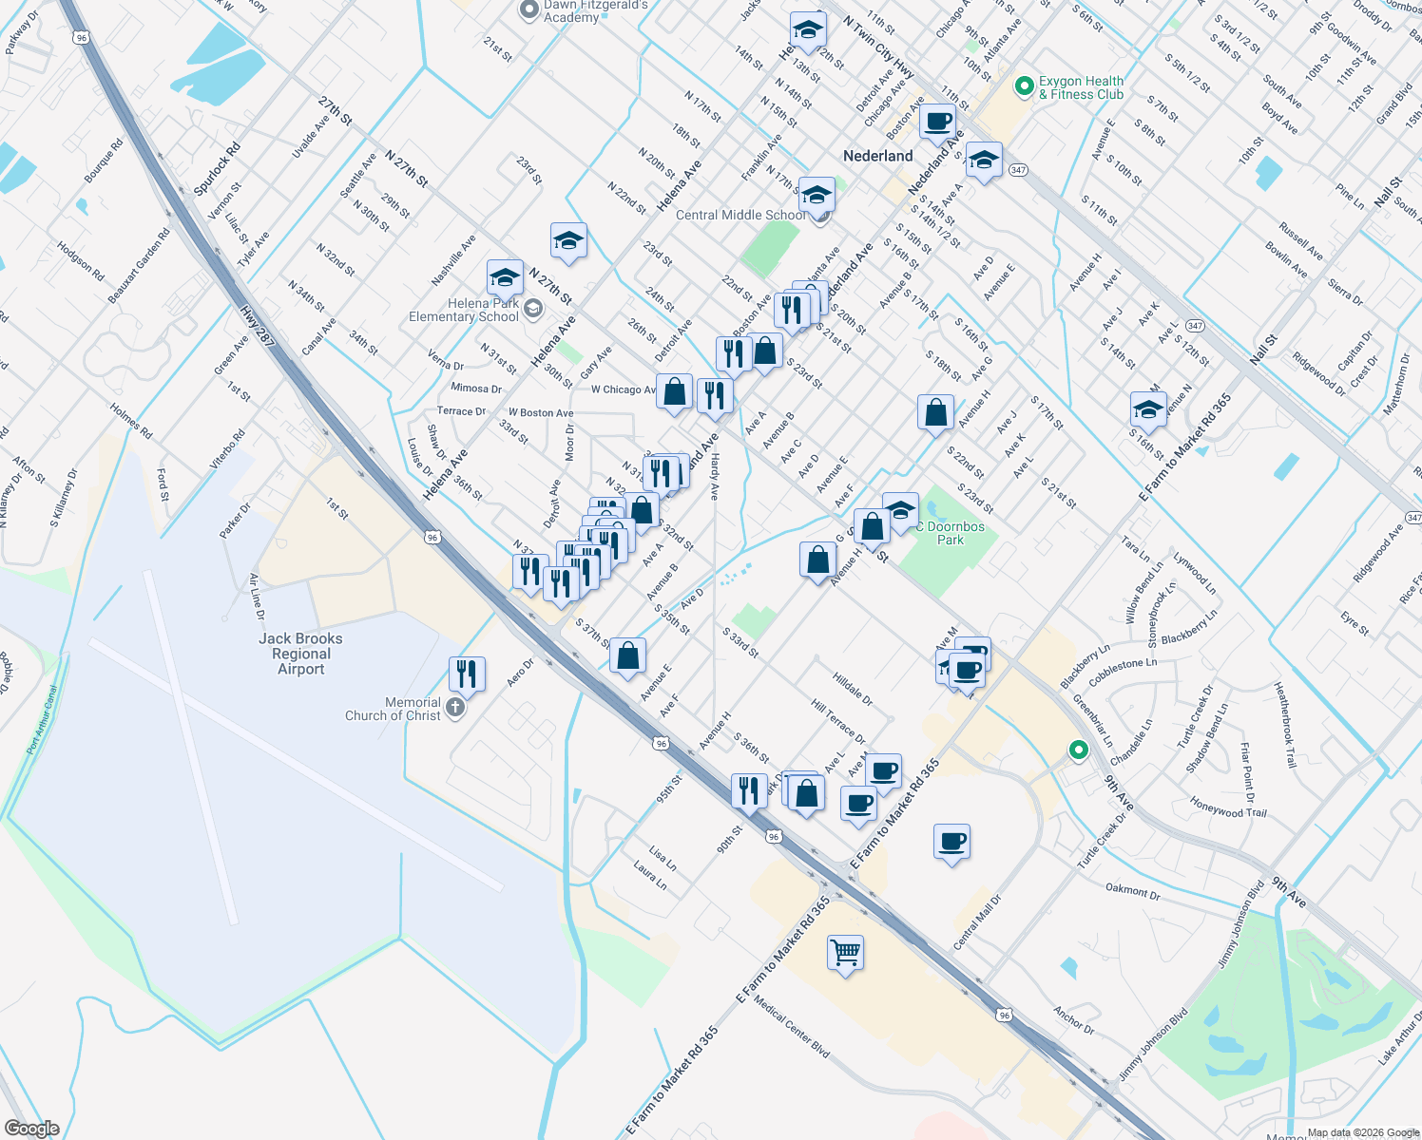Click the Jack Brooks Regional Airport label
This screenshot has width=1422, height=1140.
300,654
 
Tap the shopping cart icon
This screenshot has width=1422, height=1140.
845,951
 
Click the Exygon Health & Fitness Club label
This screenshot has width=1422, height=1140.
1081,87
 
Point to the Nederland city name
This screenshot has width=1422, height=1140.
877,156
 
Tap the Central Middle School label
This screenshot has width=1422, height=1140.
740,216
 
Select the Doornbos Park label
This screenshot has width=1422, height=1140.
954,533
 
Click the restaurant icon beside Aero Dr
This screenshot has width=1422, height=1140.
466,674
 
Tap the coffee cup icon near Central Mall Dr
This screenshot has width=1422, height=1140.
951,841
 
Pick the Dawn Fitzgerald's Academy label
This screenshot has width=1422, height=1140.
595,11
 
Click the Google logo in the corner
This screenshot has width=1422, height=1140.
31,1129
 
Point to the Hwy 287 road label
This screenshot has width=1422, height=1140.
258,326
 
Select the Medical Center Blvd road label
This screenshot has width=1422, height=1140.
791,1026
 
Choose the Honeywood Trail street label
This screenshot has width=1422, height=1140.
1228,807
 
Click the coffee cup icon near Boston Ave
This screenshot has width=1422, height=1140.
937,123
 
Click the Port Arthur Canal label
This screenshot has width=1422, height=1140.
44,720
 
